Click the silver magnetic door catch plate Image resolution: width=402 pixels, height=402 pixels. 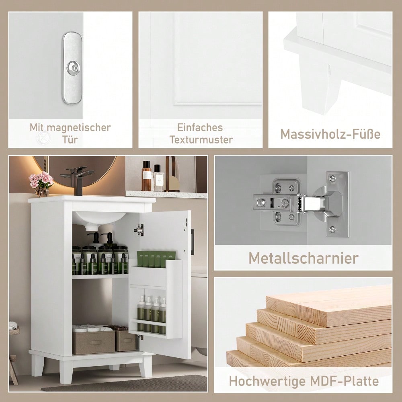click(x=72, y=68)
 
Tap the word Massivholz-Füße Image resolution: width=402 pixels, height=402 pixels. click(x=330, y=133)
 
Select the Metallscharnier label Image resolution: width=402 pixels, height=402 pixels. click(x=303, y=258)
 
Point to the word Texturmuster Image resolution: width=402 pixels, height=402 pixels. click(x=201, y=139)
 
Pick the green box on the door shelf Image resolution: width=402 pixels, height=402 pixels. click(x=156, y=259)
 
